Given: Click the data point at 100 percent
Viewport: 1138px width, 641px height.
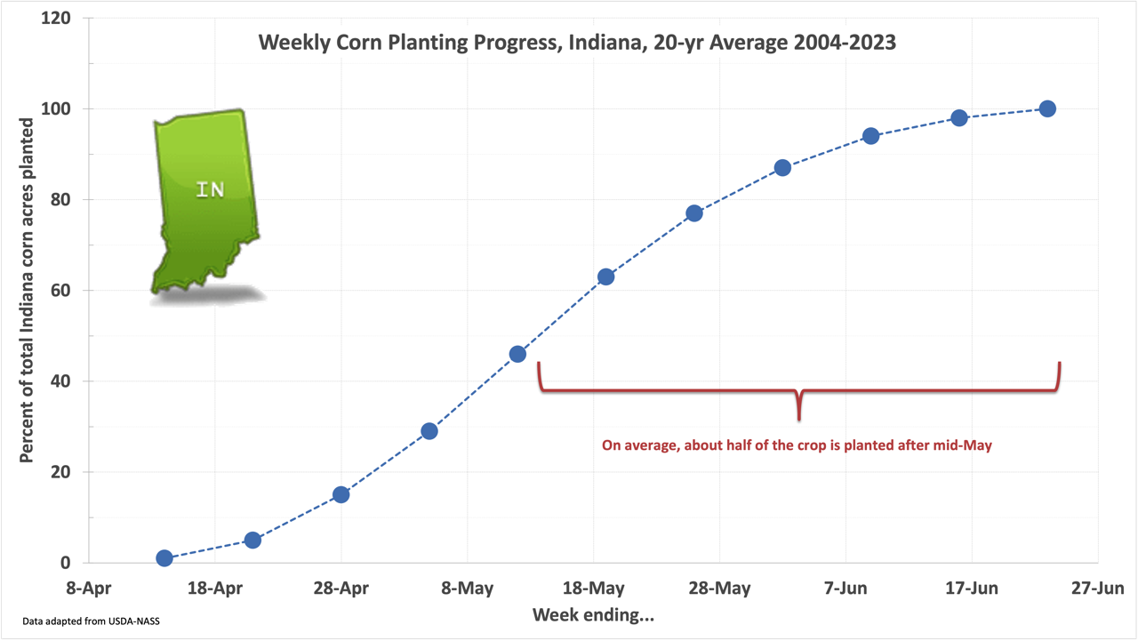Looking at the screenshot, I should click(1047, 108).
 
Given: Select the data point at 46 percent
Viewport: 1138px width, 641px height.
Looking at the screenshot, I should click(517, 354).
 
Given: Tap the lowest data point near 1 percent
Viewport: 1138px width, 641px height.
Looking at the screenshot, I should click(164, 558).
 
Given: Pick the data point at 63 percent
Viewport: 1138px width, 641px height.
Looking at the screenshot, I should click(605, 276).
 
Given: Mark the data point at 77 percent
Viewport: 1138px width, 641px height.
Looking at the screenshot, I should click(694, 213).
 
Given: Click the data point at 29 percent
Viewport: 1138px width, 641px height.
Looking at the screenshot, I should click(429, 431).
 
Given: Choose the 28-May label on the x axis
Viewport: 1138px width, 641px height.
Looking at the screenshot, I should click(720, 589).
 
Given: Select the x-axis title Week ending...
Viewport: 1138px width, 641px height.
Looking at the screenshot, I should click(593, 615).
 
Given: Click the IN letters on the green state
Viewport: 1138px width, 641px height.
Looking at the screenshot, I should click(210, 188).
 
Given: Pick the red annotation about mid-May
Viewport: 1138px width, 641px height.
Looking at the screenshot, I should click(797, 445).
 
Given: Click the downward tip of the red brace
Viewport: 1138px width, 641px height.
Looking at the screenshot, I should click(799, 418).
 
